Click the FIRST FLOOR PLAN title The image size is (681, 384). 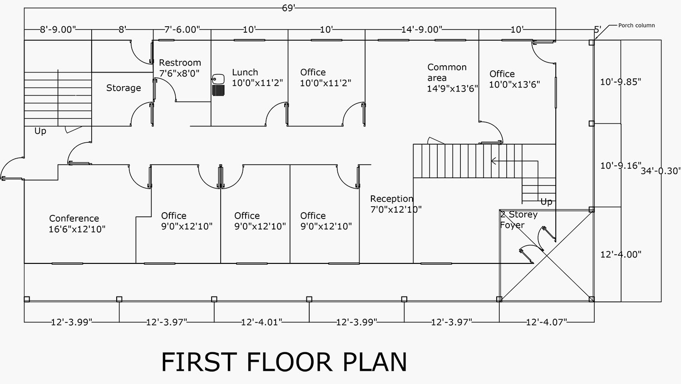tap(284, 362)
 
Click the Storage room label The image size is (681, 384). tap(123, 88)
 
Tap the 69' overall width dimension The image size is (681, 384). tap(289, 8)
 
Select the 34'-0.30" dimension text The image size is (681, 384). tap(661, 171)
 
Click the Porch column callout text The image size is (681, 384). tap(637, 25)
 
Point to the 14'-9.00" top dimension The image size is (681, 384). tap(421, 30)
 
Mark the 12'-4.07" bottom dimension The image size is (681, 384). tap(546, 322)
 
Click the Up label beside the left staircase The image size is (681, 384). tap(40, 131)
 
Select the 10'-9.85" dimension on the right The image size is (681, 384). tap(620, 82)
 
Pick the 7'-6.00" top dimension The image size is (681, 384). tap(182, 30)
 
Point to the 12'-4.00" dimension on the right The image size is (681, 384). tap(621, 255)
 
